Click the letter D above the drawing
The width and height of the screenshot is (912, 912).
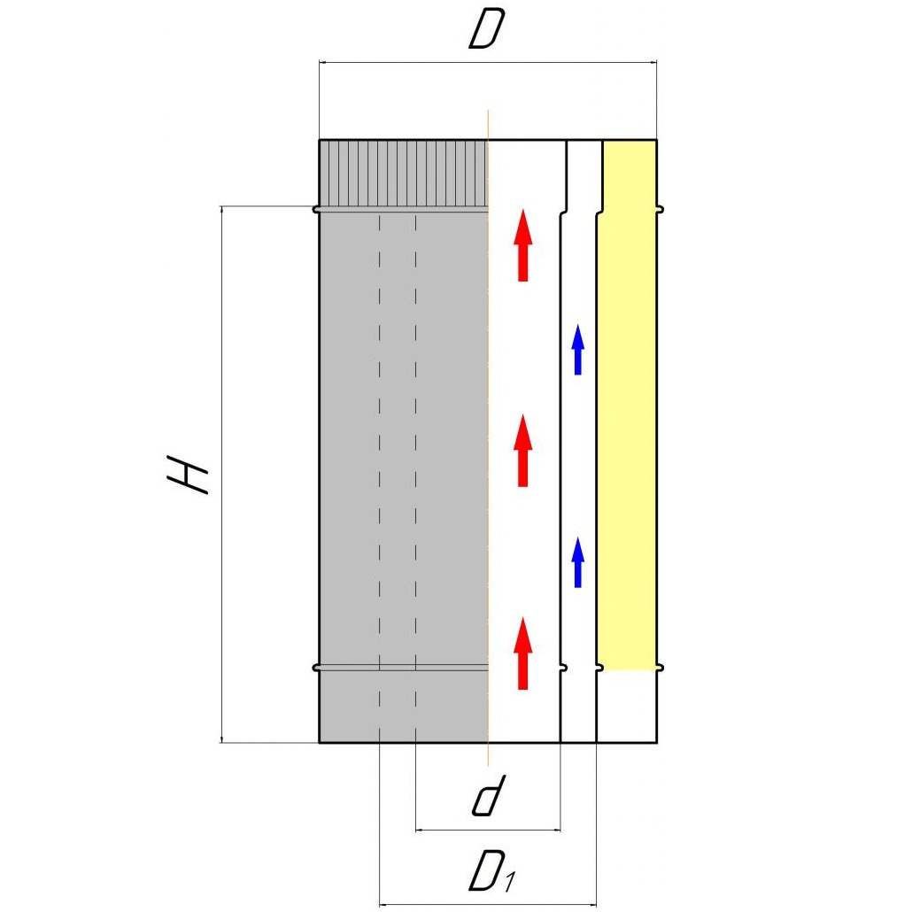point(486,31)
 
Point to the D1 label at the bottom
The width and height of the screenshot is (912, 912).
point(491,871)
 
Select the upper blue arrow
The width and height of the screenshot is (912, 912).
point(578,349)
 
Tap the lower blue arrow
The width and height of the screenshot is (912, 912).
point(578,562)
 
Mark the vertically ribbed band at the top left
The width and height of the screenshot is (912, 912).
point(403,173)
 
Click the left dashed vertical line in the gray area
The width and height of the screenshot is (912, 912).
point(379,443)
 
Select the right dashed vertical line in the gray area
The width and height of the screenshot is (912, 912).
point(416,443)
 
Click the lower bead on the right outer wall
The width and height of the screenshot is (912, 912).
point(660,667)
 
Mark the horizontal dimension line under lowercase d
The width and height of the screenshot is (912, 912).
point(488,831)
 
